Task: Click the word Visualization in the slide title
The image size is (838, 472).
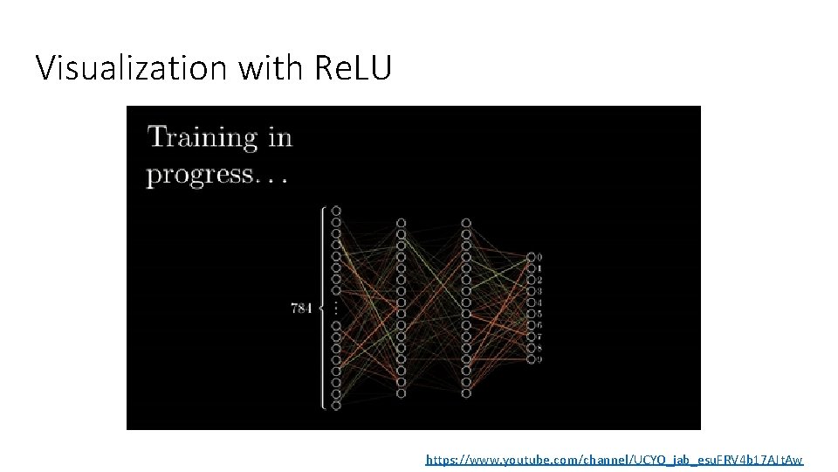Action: click(x=130, y=67)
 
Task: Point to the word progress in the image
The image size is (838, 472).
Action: click(x=200, y=174)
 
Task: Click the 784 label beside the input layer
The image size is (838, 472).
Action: click(x=301, y=308)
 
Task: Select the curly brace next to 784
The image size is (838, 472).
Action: click(x=324, y=308)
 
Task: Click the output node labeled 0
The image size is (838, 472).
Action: click(x=531, y=257)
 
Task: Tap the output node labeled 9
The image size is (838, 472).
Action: click(x=531, y=358)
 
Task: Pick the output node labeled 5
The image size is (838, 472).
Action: click(x=531, y=313)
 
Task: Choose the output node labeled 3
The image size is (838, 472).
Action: click(x=531, y=290)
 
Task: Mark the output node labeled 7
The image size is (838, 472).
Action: click(x=531, y=336)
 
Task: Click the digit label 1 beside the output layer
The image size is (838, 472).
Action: click(x=540, y=268)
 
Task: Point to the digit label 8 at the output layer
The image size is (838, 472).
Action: click(x=540, y=347)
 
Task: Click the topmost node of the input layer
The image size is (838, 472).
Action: click(x=336, y=211)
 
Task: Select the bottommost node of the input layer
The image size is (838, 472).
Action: click(x=336, y=405)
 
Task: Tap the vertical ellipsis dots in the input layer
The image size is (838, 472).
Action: click(x=336, y=308)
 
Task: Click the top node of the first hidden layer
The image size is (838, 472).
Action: click(x=401, y=223)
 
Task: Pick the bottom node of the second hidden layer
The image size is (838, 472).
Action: click(x=466, y=393)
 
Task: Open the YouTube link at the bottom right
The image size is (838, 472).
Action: click(x=614, y=459)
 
